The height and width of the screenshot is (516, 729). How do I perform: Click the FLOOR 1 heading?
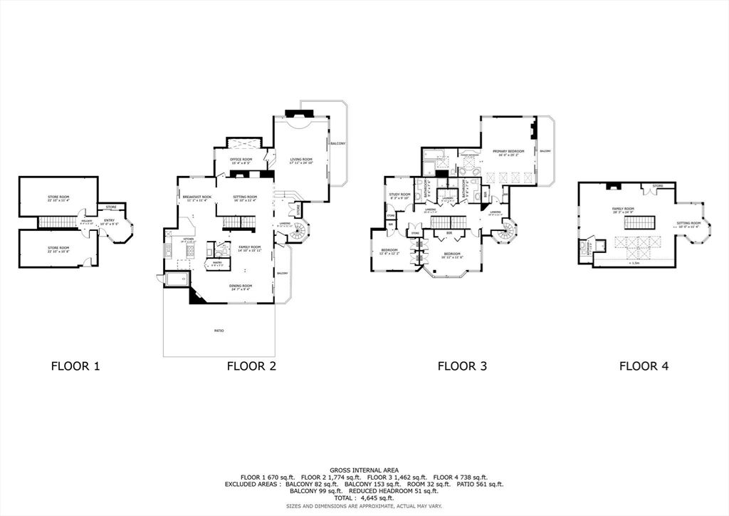(x=75, y=366)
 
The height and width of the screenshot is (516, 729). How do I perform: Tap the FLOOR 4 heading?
(x=644, y=366)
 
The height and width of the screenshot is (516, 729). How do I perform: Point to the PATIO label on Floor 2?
(x=219, y=331)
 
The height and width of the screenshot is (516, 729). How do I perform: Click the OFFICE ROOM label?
(x=242, y=159)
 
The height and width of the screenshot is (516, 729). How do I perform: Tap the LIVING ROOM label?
(x=301, y=160)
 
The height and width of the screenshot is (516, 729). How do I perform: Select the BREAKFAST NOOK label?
(x=196, y=196)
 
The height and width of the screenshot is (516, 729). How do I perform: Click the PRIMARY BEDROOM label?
(x=508, y=151)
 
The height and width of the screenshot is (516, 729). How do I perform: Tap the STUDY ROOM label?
(x=399, y=194)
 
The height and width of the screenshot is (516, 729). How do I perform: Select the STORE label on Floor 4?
(x=658, y=186)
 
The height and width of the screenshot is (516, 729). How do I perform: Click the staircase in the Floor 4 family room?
(x=635, y=223)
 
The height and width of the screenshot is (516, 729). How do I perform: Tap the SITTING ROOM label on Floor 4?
(x=688, y=223)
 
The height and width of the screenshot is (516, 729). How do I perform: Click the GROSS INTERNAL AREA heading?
(x=364, y=470)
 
